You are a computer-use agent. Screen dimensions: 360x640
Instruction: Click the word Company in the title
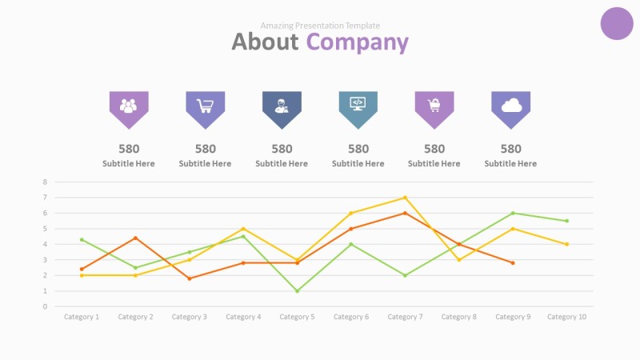(x=358, y=42)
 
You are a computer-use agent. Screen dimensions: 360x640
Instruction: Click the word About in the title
(x=265, y=42)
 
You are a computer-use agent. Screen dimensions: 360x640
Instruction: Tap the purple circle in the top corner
(x=616, y=22)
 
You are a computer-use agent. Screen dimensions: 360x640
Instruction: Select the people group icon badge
(x=129, y=106)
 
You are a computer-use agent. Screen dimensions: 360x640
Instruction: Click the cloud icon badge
(x=510, y=106)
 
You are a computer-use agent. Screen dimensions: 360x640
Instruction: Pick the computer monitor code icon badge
(x=358, y=106)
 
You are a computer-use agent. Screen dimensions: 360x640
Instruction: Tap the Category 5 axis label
(x=297, y=317)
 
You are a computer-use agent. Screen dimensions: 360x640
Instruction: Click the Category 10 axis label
(x=566, y=317)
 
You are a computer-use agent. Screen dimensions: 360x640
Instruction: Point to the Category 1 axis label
(x=82, y=317)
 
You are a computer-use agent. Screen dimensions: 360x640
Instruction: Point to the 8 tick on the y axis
(x=46, y=182)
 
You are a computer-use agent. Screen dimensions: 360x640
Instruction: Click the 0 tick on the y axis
(x=46, y=306)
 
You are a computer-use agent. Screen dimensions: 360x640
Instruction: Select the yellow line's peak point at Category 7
(x=405, y=198)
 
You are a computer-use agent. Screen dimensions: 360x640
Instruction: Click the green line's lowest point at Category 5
(x=297, y=290)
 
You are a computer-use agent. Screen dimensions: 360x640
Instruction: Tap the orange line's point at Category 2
(x=135, y=238)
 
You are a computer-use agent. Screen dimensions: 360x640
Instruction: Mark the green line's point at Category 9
(x=513, y=213)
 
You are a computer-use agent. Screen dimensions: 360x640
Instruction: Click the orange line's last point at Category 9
(x=513, y=262)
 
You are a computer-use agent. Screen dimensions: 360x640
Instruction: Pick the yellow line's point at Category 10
(x=566, y=244)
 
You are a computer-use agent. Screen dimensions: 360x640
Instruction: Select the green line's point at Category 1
(x=82, y=239)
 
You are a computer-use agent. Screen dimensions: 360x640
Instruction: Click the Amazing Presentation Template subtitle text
(x=320, y=26)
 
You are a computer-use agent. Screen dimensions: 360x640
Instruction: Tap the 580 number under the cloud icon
(x=510, y=149)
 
